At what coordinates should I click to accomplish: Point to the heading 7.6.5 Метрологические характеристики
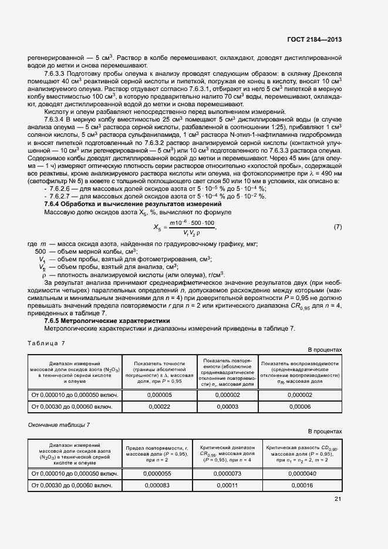coord(107,321)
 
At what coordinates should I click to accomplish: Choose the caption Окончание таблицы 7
coord(59,423)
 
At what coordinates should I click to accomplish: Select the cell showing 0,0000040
coord(300,474)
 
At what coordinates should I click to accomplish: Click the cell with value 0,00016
coord(300,485)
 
